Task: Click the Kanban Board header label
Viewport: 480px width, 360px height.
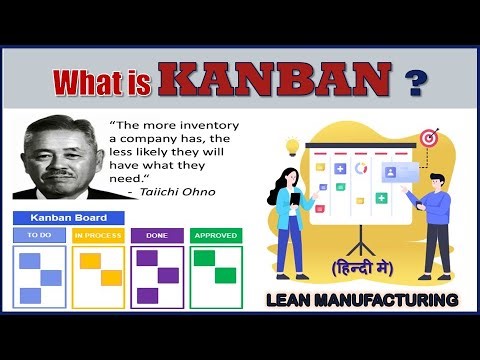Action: click(x=67, y=218)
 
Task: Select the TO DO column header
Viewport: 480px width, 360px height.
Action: click(x=40, y=236)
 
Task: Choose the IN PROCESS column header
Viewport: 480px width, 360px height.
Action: click(x=98, y=236)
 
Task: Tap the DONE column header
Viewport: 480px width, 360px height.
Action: click(x=157, y=236)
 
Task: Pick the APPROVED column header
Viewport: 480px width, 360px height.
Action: click(x=216, y=236)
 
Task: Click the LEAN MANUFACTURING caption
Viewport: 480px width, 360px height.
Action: click(x=363, y=299)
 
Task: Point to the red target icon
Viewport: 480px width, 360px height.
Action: click(x=429, y=137)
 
